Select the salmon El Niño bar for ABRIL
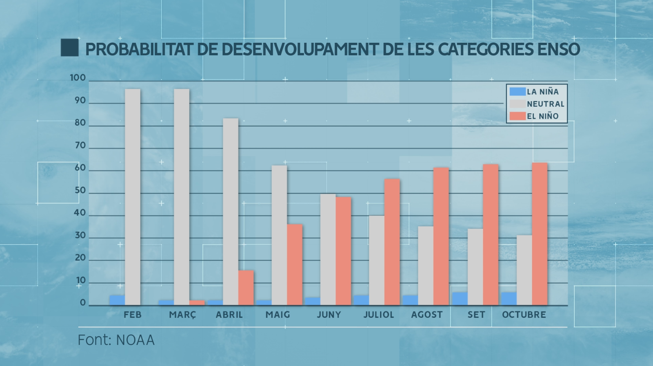[246, 288]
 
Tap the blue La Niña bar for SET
[460, 298]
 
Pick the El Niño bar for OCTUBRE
[540, 234]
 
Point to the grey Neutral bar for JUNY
[328, 249]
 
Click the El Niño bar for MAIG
[295, 265]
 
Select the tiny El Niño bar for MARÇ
[197, 302]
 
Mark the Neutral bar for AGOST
[426, 266]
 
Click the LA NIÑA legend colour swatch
[517, 92]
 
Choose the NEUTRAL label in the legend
[545, 104]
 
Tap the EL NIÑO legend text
[542, 116]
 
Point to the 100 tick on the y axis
[78, 78]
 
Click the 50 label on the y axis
[80, 190]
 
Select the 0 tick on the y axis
[83, 303]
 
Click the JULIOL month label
[379, 315]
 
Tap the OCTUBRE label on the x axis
[524, 315]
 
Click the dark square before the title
[69, 48]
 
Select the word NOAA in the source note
[135, 340]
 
